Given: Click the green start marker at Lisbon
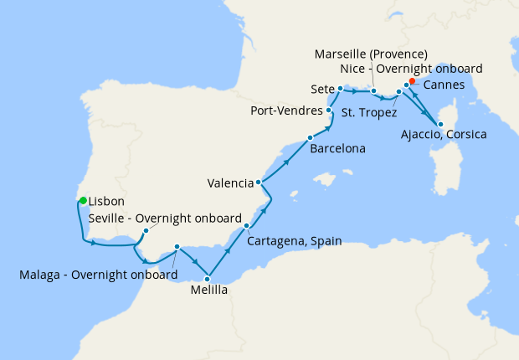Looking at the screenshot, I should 83,199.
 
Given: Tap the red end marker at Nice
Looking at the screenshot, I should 412,81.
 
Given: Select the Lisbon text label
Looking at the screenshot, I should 106,202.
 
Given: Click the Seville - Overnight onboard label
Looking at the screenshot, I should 165,218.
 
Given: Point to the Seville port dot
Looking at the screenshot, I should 146,230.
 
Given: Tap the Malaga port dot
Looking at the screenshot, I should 177,247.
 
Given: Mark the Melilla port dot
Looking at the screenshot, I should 207,278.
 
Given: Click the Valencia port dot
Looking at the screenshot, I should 259,183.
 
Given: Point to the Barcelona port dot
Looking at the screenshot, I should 310,137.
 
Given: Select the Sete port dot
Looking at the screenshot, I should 340,88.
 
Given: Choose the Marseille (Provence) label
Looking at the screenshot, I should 371,54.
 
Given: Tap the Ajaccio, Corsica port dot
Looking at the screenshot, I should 440,124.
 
